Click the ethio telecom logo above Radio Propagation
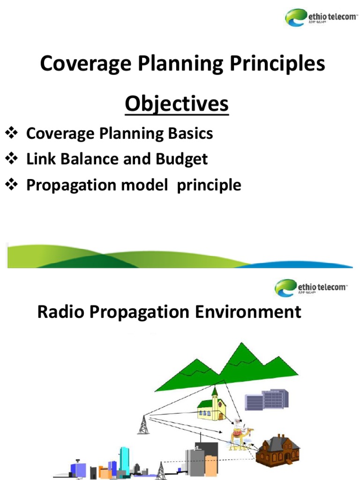[x=310, y=287]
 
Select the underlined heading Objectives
[x=177, y=104]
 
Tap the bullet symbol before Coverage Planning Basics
[x=11, y=134]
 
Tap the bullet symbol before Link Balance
[x=11, y=159]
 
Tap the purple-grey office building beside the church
[x=267, y=400]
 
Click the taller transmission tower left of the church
[x=142, y=425]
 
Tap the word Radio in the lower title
[x=59, y=312]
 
